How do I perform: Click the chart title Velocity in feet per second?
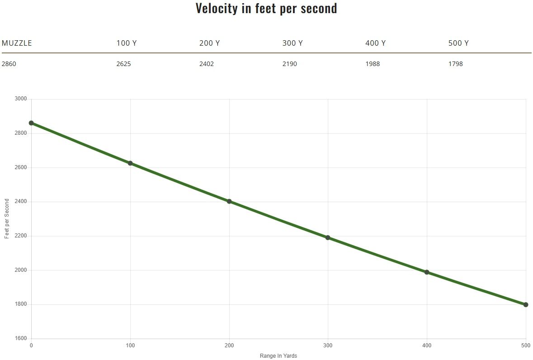pyautogui.click(x=266, y=9)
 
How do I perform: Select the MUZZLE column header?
pyautogui.click(x=17, y=43)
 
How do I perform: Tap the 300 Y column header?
pyautogui.click(x=292, y=43)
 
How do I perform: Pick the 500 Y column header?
pyautogui.click(x=458, y=43)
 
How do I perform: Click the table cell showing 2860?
pyautogui.click(x=9, y=64)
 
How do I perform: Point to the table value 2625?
pyautogui.click(x=123, y=64)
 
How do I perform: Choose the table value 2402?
pyautogui.click(x=207, y=64)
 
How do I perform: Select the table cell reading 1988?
pyautogui.click(x=373, y=64)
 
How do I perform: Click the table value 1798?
pyautogui.click(x=456, y=64)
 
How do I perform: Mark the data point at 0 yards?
pyautogui.click(x=31, y=123)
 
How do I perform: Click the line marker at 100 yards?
pyautogui.click(x=130, y=163)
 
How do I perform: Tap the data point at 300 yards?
pyautogui.click(x=328, y=237)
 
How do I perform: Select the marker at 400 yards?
pyautogui.click(x=427, y=272)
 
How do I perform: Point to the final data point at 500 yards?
pyautogui.click(x=526, y=304)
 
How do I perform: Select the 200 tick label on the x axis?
pyautogui.click(x=229, y=346)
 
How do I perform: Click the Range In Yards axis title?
pyautogui.click(x=278, y=356)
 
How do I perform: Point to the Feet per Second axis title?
pyautogui.click(x=7, y=219)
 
